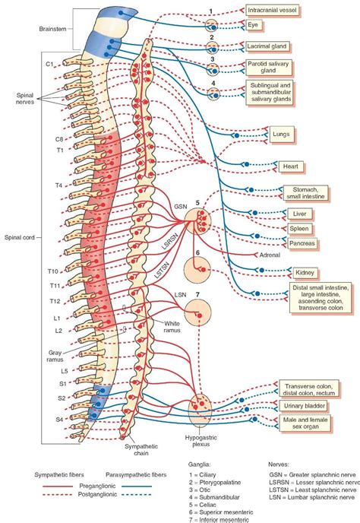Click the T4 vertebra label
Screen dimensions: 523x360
click(x=58, y=185)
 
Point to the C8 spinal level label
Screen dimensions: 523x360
click(x=58, y=139)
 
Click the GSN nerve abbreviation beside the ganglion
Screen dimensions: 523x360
click(x=180, y=207)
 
